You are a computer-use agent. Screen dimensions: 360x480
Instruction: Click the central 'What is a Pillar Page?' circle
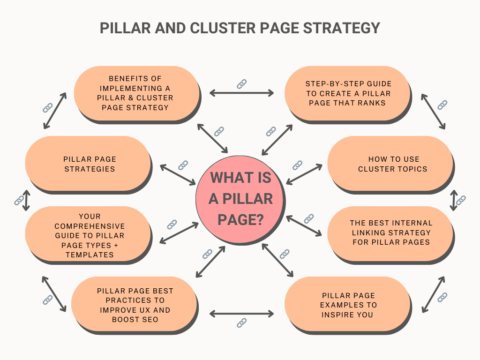click(x=240, y=200)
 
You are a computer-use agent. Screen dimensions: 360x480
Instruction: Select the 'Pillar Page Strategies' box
click(x=89, y=164)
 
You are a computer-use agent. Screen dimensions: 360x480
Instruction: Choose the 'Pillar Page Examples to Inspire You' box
click(x=349, y=305)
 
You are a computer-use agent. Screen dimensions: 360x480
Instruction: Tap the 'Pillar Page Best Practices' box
click(x=135, y=305)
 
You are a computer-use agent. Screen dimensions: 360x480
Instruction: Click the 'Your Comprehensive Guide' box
click(x=89, y=235)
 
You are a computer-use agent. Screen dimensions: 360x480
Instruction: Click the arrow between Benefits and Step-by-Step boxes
click(x=241, y=93)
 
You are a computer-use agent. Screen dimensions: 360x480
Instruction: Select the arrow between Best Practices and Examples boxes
click(x=241, y=313)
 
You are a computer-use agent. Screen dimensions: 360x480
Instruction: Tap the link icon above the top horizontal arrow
click(x=241, y=84)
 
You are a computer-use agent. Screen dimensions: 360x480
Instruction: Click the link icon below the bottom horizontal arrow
click(x=241, y=322)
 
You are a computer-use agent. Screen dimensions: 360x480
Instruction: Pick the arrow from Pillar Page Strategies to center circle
click(x=178, y=174)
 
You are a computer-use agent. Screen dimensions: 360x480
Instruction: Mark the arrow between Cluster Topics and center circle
click(x=304, y=174)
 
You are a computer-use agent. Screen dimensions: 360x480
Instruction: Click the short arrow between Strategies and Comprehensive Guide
click(x=26, y=200)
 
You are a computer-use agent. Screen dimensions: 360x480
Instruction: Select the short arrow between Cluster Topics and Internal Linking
click(x=453, y=200)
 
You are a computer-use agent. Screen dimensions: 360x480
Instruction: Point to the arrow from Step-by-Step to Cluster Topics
click(x=433, y=111)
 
